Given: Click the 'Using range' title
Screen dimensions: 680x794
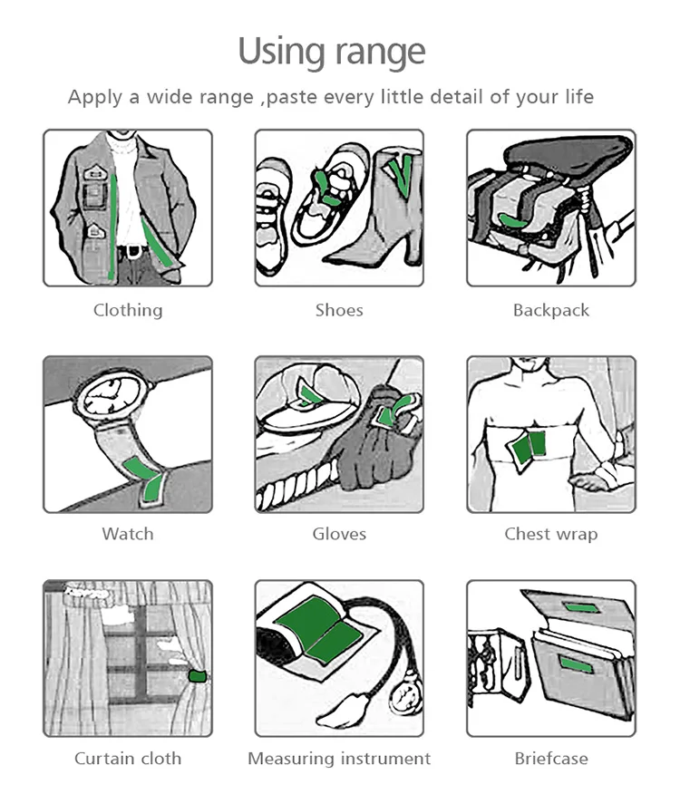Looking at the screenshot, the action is click(x=332, y=53).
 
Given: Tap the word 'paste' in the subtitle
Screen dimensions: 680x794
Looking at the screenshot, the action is click(x=291, y=97).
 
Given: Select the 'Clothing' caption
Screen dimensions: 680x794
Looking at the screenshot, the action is click(x=128, y=310).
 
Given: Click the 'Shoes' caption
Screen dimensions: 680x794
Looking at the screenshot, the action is click(x=339, y=310).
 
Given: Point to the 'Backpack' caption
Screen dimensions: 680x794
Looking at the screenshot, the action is click(x=551, y=310).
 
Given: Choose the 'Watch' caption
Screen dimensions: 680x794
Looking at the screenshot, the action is click(x=128, y=534).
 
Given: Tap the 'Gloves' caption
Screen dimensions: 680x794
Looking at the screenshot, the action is click(x=339, y=534).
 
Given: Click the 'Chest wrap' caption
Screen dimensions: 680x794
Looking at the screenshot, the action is click(x=551, y=534).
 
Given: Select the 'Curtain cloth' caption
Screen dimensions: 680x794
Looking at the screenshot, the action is click(x=128, y=758).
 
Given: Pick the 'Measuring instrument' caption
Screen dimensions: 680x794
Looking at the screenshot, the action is click(x=339, y=759).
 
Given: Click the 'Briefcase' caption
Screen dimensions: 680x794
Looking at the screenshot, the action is click(x=551, y=758).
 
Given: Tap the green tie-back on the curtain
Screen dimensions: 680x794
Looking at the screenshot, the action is click(x=197, y=676).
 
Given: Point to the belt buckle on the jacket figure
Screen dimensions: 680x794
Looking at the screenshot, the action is click(x=133, y=251).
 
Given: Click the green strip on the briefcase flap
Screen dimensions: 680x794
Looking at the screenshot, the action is click(x=581, y=607).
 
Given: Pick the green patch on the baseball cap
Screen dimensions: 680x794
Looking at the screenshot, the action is click(x=307, y=392).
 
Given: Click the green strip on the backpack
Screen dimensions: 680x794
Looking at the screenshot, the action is click(x=514, y=220).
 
